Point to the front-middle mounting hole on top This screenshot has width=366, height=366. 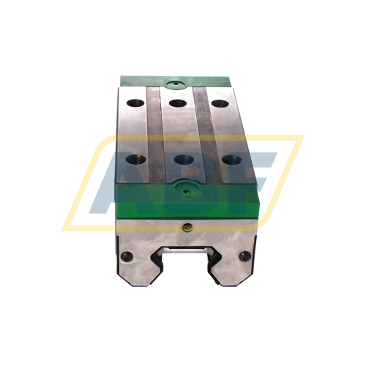[x=180, y=159]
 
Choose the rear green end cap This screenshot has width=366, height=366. [x=176, y=79]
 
